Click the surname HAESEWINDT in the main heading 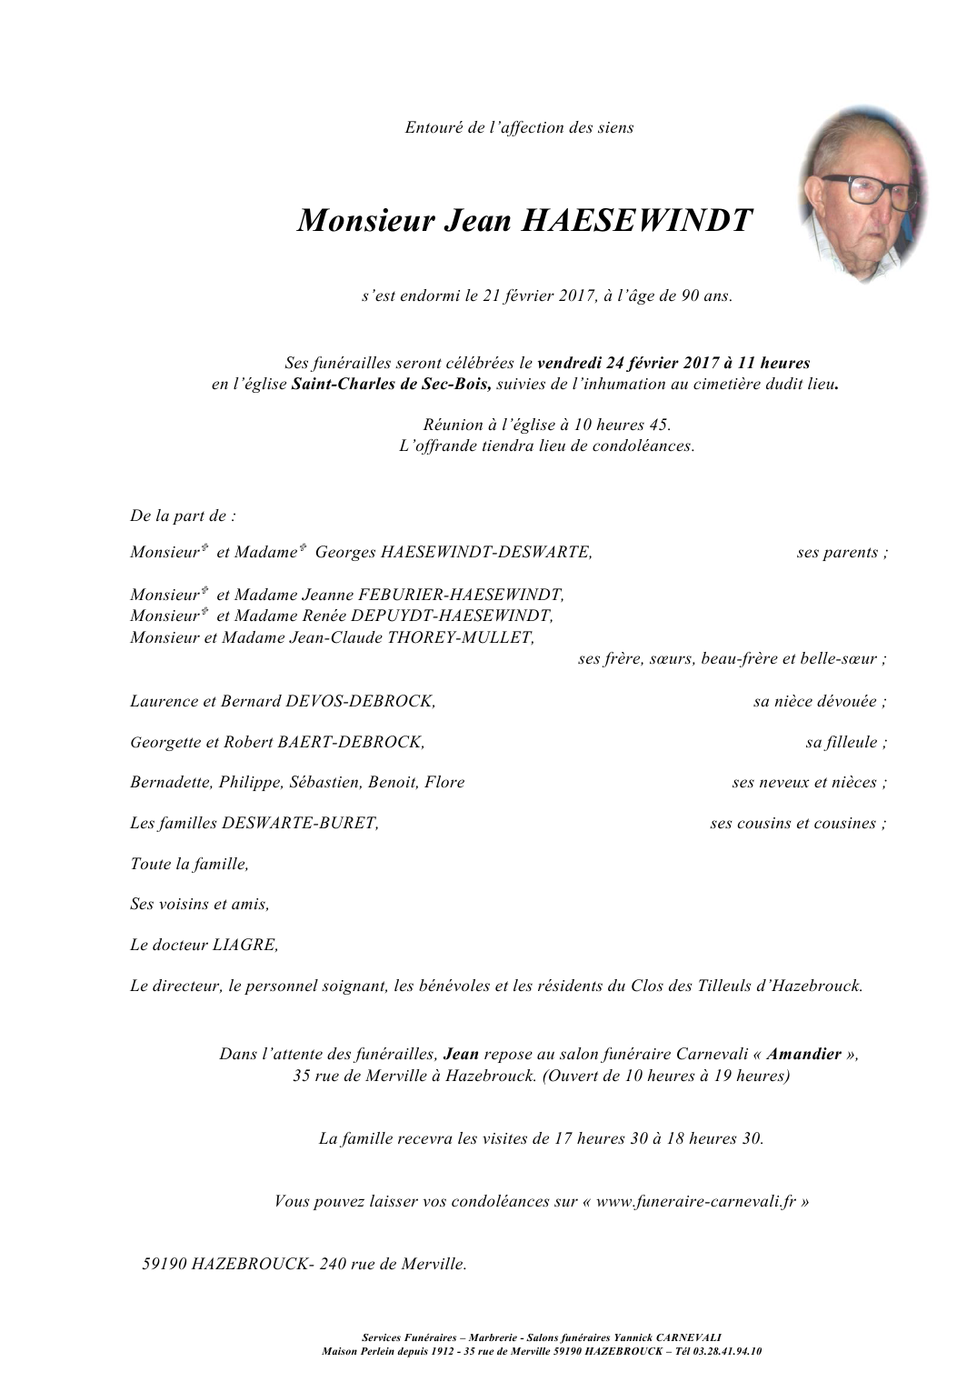pyautogui.click(x=635, y=221)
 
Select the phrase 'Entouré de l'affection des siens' pyautogui.click(x=519, y=128)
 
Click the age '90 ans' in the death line pyautogui.click(x=705, y=295)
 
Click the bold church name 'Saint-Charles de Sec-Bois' pyautogui.click(x=391, y=384)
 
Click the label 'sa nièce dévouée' pyautogui.click(x=816, y=701)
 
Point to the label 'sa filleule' pyautogui.click(x=842, y=742)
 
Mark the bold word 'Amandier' pyautogui.click(x=803, y=1055)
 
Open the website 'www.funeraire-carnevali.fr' pyautogui.click(x=696, y=1201)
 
